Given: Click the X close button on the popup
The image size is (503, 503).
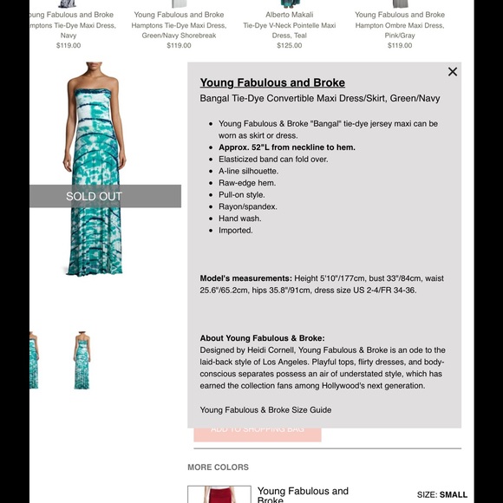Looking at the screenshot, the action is [452, 72].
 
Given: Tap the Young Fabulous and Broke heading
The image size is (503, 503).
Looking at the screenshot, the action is [272, 83].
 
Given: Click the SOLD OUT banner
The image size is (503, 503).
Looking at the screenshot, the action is [95, 196].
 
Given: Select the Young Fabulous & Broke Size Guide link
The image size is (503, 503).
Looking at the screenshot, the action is [265, 410].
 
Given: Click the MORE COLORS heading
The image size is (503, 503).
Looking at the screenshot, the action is [218, 467].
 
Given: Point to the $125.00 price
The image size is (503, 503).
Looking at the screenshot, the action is [290, 46].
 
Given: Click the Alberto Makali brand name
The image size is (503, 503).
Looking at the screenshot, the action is [290, 15].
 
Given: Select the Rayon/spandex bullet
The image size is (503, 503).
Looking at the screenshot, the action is [248, 206].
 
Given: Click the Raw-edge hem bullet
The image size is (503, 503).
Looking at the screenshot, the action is [247, 183].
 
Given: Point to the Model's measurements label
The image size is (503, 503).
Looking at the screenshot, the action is [245, 278].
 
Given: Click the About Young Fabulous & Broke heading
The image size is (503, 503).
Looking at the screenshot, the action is [262, 338].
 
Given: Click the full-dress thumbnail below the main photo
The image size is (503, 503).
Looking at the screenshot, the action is [82, 360].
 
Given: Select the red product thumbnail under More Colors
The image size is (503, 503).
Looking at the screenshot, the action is [219, 494].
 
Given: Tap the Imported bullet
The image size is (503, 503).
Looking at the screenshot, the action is [236, 231].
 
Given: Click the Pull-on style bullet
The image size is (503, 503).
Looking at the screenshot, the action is [241, 195].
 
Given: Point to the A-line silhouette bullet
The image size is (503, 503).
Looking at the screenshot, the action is [248, 171].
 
